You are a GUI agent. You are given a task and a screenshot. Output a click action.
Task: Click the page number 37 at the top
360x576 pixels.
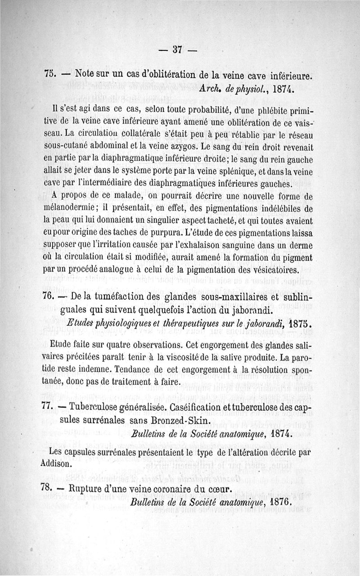177,50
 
